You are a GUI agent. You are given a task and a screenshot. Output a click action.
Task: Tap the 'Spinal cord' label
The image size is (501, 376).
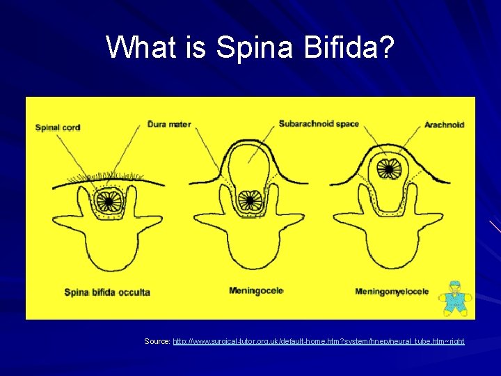(58, 127)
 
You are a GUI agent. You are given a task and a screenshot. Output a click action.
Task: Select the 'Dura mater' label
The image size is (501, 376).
(169, 125)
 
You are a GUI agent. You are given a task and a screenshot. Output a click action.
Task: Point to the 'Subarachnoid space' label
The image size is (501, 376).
(319, 124)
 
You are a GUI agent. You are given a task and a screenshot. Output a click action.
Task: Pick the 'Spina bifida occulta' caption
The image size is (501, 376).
(107, 292)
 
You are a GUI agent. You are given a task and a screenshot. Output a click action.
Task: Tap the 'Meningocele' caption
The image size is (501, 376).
(256, 290)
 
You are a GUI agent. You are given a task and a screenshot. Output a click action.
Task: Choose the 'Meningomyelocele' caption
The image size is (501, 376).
(392, 291)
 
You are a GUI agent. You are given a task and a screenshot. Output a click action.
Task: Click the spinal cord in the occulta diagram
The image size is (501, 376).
(108, 201)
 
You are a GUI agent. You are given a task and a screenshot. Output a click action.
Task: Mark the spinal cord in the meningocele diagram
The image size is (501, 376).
(248, 201)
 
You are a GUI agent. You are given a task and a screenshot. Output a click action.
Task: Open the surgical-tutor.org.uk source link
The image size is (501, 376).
(318, 341)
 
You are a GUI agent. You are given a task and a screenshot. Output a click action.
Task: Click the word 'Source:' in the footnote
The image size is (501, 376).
(157, 341)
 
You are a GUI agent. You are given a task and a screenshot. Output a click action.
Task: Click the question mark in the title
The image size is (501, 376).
(387, 47)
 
